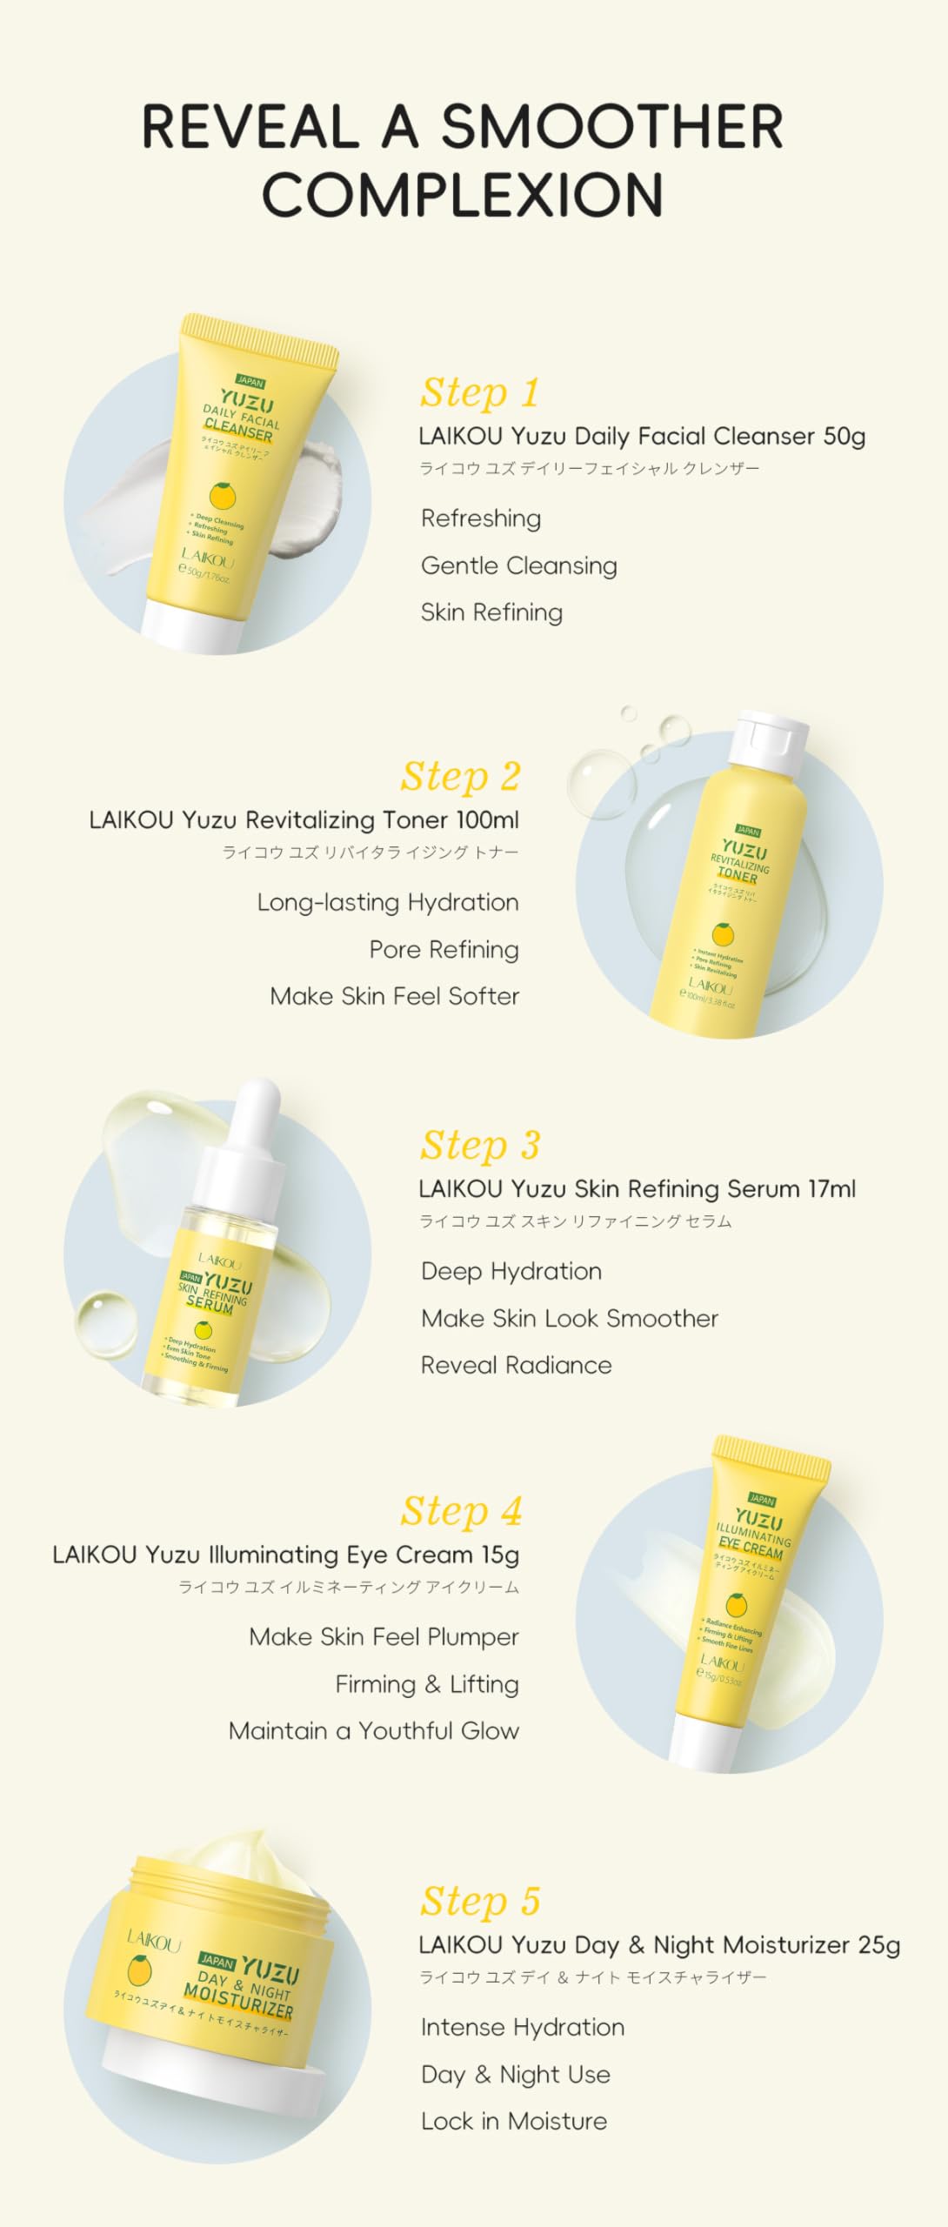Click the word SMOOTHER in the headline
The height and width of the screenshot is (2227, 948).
611,127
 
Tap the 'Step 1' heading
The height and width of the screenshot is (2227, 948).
479,392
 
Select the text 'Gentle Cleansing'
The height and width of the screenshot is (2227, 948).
518,565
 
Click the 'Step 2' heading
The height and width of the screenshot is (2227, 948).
460,776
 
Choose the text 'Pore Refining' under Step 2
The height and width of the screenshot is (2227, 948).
444,949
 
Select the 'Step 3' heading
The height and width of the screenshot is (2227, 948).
480,1145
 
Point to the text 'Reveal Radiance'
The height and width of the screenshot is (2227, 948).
516,1365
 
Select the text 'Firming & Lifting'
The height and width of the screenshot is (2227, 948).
426,1684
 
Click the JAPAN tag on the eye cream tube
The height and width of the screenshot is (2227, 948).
761,1500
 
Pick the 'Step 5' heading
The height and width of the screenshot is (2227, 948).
480,1902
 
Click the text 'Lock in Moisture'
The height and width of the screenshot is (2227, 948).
513,2121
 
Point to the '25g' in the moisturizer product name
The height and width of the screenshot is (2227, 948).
878,1945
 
